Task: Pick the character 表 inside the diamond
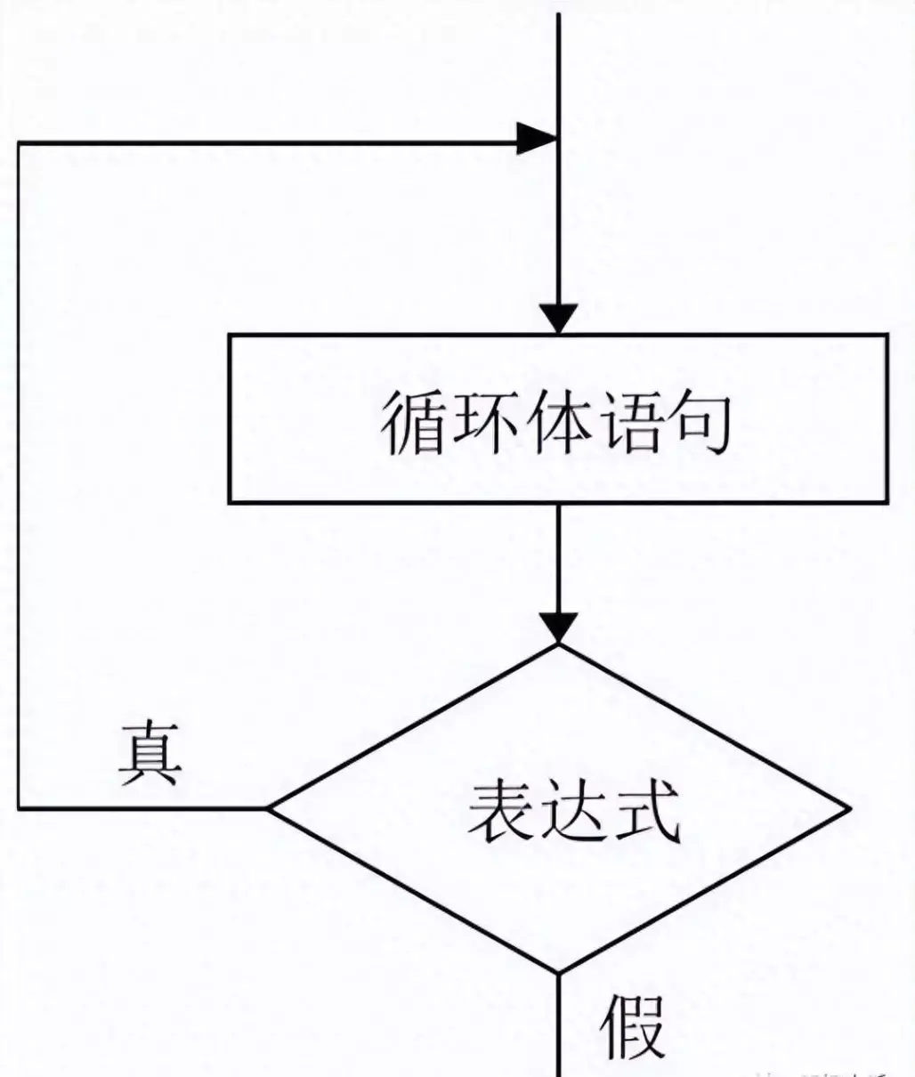[503, 812]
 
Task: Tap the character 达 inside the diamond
[574, 812]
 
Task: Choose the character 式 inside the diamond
[644, 812]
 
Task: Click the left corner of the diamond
[271, 808]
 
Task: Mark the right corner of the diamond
[848, 808]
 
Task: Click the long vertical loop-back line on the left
[20, 472]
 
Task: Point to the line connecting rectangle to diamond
[558, 556]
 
